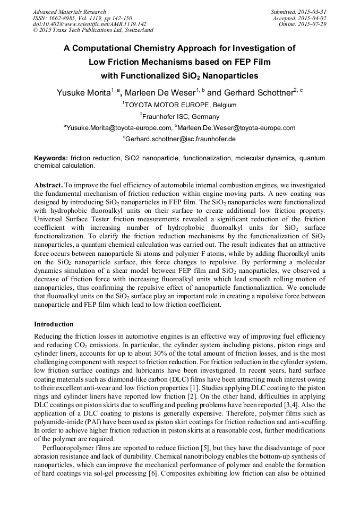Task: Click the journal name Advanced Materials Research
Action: (x=69, y=12)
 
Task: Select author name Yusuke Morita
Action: (x=82, y=93)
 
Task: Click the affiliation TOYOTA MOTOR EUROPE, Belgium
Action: (x=181, y=105)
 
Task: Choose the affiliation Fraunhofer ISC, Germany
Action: (x=181, y=116)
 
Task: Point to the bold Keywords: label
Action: (x=51, y=158)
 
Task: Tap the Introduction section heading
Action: (x=54, y=324)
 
